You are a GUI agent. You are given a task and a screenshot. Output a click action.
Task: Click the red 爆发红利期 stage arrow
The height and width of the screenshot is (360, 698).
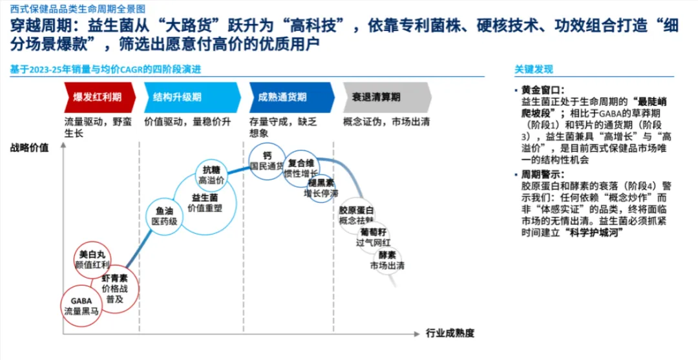(x=99, y=97)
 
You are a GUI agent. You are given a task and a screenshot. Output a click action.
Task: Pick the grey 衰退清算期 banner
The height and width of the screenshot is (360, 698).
(x=386, y=97)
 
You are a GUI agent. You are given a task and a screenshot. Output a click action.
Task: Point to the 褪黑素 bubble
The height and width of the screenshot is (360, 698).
(x=321, y=187)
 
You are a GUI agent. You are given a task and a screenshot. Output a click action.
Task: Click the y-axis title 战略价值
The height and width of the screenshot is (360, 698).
(x=28, y=147)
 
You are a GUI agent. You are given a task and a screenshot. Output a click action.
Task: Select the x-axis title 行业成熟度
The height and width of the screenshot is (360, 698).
(x=450, y=334)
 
